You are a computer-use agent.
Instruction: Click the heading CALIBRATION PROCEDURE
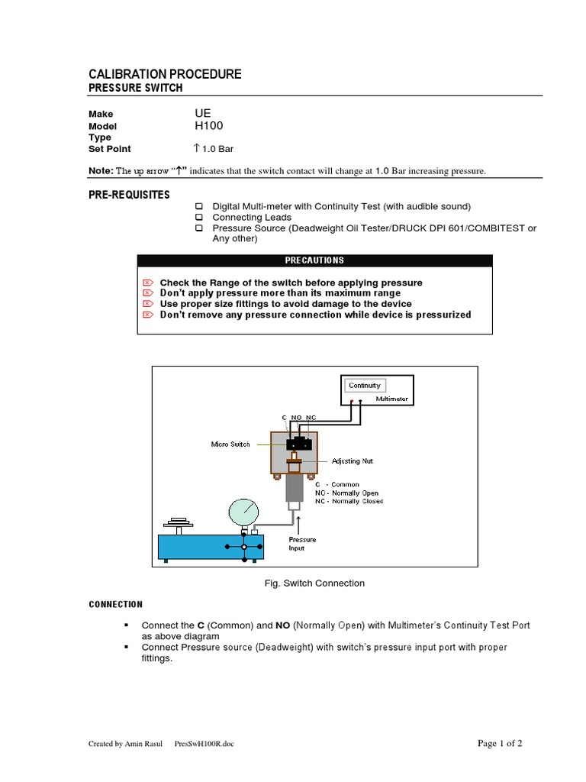coord(165,74)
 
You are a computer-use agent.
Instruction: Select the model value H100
coord(209,126)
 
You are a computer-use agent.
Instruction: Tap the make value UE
coord(202,113)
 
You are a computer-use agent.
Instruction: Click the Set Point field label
coord(110,149)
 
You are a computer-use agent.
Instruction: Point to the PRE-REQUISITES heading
coord(129,195)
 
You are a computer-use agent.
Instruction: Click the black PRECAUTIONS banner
coord(314,260)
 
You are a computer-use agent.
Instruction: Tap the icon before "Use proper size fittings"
coord(149,304)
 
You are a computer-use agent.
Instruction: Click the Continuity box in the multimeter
coord(364,386)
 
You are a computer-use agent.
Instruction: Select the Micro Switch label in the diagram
coord(230,444)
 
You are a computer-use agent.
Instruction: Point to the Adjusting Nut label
coord(352,461)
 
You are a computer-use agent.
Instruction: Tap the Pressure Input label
coord(302,544)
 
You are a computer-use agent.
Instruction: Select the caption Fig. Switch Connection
coord(314,583)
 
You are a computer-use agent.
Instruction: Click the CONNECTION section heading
coord(116,605)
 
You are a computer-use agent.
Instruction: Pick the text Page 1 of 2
coord(500,743)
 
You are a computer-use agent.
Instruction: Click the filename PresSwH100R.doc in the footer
coord(204,744)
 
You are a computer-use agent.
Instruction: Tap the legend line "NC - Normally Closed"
coord(349,501)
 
